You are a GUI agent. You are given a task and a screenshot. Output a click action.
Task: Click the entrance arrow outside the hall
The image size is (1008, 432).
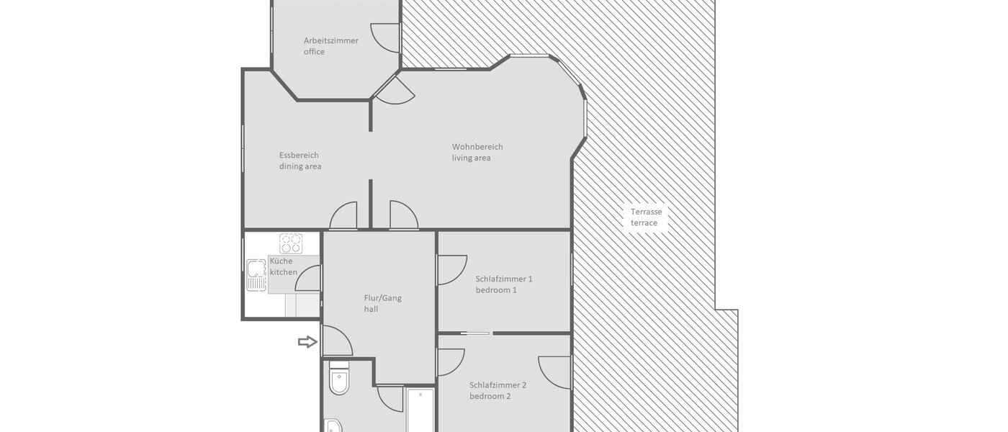[307, 342]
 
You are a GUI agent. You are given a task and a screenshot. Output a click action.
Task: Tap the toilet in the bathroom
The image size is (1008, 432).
[338, 382]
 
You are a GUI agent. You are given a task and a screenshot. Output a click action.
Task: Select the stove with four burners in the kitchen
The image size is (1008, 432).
[291, 243]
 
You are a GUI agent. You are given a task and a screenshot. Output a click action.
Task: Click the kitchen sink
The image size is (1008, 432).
[256, 273]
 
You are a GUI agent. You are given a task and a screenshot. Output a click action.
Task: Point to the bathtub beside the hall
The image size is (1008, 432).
[420, 410]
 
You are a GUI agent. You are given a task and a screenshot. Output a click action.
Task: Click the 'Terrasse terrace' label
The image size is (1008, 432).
[646, 217]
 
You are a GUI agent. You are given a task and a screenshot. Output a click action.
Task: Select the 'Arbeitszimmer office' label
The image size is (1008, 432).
[330, 46]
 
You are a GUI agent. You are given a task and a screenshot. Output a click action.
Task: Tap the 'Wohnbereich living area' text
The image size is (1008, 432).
[477, 152]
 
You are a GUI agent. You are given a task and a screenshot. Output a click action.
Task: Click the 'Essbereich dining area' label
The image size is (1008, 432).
[300, 161]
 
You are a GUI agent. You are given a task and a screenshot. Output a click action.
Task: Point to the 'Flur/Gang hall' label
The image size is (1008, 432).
[382, 303]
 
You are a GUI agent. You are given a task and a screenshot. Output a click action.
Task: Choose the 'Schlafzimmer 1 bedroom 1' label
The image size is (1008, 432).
[504, 284]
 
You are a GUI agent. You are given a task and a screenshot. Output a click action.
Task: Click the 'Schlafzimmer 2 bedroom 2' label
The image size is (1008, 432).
[498, 390]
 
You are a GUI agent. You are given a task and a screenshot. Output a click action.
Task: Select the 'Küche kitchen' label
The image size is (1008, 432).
[283, 266]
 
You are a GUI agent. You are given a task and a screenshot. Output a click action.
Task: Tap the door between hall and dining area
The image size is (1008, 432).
[343, 215]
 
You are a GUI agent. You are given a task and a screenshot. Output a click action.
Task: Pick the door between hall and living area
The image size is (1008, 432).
[403, 215]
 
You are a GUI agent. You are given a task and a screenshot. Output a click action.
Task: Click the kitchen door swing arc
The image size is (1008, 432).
[308, 278]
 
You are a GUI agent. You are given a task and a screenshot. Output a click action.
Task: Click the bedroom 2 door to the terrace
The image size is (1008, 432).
[557, 371]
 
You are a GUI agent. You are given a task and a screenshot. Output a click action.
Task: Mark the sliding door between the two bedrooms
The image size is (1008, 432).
[476, 333]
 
